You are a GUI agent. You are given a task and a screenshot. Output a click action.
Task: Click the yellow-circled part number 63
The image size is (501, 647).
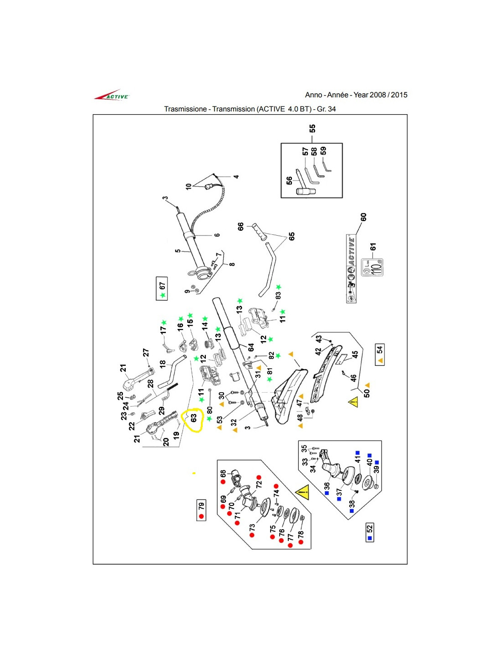tap(193, 418)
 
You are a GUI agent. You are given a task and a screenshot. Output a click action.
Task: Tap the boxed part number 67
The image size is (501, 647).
tap(162, 288)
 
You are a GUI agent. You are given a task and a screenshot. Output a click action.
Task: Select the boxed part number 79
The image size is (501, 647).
tap(201, 510)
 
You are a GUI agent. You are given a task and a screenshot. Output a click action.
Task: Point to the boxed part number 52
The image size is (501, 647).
tap(369, 532)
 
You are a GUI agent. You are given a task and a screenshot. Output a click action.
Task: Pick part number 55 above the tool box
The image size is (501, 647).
tap(312, 129)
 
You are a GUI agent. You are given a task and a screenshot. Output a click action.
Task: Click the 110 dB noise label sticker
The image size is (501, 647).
tap(372, 268)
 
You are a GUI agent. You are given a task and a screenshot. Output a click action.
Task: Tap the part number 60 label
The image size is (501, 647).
tap(363, 217)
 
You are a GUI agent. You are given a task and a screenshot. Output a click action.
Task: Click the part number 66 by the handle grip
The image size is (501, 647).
tap(240, 226)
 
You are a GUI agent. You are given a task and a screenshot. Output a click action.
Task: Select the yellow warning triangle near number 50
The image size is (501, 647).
tap(353, 402)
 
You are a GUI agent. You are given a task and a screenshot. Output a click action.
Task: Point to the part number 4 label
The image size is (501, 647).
tap(236, 177)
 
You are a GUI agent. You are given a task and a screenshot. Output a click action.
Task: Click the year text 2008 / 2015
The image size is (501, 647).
tap(388, 95)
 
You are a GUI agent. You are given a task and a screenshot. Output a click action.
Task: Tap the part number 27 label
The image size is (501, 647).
tap(146, 352)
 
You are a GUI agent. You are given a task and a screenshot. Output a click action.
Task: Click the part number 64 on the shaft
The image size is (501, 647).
tap(250, 347)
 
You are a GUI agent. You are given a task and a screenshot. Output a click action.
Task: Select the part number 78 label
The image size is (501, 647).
tap(301, 534)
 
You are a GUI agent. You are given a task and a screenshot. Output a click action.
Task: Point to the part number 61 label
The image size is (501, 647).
tap(373, 246)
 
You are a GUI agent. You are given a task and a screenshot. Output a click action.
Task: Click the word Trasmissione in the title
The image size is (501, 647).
tap(185, 109)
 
